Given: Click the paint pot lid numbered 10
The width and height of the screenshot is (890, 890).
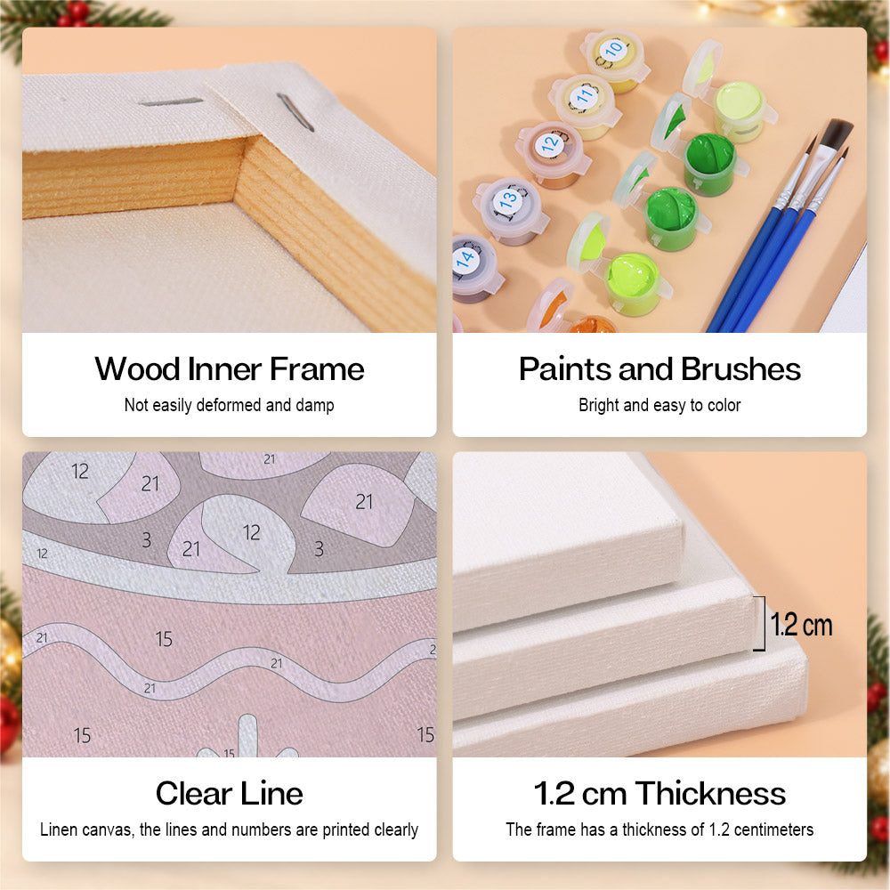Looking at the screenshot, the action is (x=613, y=51).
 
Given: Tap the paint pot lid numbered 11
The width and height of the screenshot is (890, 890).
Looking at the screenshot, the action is (x=584, y=96).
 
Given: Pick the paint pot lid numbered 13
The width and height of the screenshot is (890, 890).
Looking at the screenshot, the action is (x=508, y=199).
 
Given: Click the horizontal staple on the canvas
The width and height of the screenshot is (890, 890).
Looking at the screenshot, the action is (x=170, y=102).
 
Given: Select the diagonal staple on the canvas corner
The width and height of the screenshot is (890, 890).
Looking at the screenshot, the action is (x=295, y=112).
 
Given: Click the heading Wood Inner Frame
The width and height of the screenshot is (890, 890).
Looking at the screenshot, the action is (x=230, y=369).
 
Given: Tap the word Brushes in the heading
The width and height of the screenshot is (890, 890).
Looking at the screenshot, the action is (x=740, y=369).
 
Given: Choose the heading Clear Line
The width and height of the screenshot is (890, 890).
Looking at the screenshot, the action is (x=230, y=793).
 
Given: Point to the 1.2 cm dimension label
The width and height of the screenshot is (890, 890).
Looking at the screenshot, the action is (x=801, y=625).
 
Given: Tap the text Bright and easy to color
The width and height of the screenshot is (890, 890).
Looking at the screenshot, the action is (x=659, y=405).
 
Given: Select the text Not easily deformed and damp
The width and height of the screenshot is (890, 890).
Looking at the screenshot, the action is (x=230, y=405).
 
